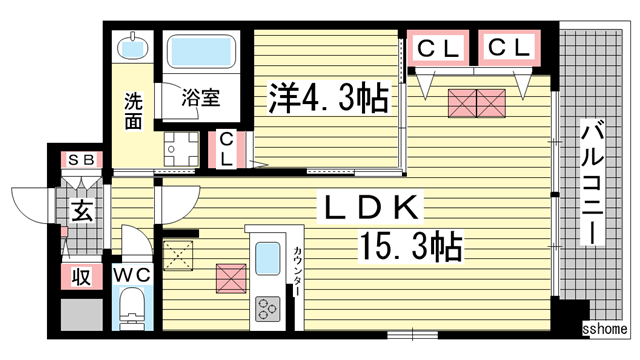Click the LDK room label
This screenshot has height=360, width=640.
pyautogui.click(x=372, y=208)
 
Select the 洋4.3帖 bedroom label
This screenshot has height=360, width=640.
pyautogui.click(x=327, y=98)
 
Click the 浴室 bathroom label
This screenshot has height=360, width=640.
pyautogui.click(x=200, y=98)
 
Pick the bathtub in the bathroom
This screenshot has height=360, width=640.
pyautogui.click(x=200, y=52)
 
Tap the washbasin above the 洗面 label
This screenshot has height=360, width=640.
pyautogui.click(x=133, y=47)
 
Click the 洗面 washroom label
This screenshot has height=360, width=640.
pyautogui.click(x=133, y=111)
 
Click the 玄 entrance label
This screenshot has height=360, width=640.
pyautogui.click(x=80, y=211)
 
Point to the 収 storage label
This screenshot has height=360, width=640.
pyautogui.click(x=80, y=275)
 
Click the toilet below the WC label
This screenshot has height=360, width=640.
pyautogui.click(x=132, y=310)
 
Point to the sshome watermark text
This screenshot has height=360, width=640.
pyautogui.click(x=605, y=329)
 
